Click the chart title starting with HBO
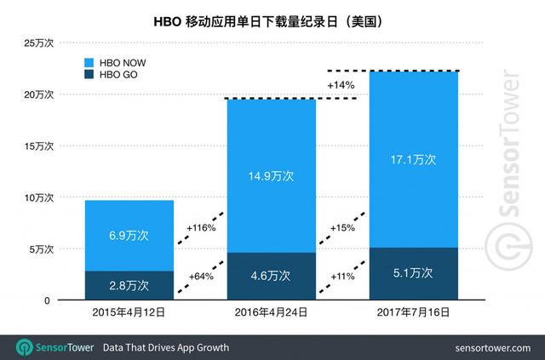pyautogui.click(x=273, y=19)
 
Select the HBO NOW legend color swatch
pyautogui.click(x=90, y=62)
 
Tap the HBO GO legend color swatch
pyautogui.click(x=90, y=75)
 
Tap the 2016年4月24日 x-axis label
pyautogui.click(x=271, y=313)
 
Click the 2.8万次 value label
pyautogui.click(x=129, y=285)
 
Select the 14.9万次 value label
pyautogui.click(x=271, y=176)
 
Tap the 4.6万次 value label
pyautogui.click(x=271, y=276)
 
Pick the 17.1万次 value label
pyautogui.click(x=413, y=159)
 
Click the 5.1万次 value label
pyautogui.click(x=413, y=273)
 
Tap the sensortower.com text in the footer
pyautogui.click(x=492, y=348)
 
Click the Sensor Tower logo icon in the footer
pyautogui.click(x=23, y=347)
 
